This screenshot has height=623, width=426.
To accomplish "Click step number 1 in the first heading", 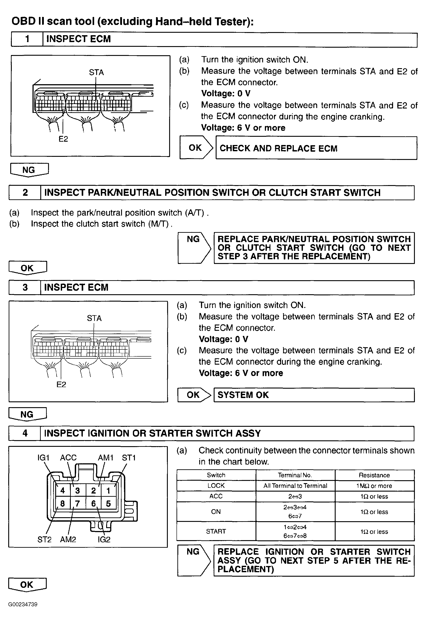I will (x=27, y=39).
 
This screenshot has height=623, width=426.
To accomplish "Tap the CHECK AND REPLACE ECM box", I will (x=316, y=148).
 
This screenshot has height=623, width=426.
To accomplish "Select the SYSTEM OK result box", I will (x=314, y=395).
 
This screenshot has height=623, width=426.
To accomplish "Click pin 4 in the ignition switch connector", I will (x=63, y=490).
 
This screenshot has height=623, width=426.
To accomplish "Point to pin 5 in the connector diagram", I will (x=108, y=504).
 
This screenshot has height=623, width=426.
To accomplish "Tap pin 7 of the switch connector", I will (x=78, y=504).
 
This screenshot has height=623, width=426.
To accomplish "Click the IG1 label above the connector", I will (x=43, y=458).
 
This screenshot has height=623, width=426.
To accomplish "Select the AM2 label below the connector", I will (x=68, y=539).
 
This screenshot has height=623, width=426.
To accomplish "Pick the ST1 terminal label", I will (x=129, y=458).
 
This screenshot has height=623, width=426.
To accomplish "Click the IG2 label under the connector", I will (x=104, y=539).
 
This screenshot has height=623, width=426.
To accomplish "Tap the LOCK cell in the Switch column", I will (x=216, y=486).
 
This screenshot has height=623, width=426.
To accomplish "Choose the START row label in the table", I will (x=216, y=531).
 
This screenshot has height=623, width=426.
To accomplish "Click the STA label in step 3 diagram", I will (x=94, y=318).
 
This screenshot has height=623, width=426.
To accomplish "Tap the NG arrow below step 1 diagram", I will (x=29, y=170).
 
